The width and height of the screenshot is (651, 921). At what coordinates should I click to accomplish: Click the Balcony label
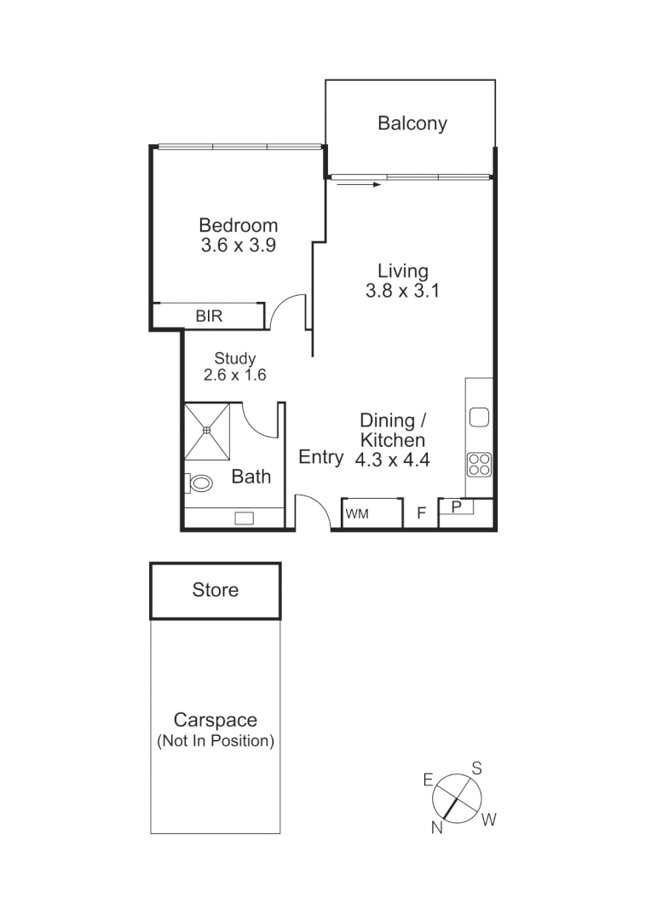point(412,124)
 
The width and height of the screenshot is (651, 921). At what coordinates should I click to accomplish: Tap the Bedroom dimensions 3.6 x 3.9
point(239,245)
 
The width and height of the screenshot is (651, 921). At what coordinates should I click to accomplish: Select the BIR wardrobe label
point(209,316)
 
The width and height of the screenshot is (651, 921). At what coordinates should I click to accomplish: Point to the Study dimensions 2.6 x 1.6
point(235,374)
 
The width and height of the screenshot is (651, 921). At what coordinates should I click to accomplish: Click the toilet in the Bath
point(201,484)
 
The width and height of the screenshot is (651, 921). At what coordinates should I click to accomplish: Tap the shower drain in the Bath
point(206,431)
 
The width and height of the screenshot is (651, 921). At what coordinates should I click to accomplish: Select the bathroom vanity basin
point(245,517)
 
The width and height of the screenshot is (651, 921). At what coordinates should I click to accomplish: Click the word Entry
point(320,457)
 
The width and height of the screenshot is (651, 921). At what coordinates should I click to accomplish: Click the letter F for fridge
point(420,514)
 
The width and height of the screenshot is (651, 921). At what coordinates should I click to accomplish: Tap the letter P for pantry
point(457,507)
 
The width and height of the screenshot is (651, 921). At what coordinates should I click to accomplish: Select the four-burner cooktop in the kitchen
point(479,465)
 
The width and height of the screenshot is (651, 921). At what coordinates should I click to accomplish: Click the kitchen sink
point(479,417)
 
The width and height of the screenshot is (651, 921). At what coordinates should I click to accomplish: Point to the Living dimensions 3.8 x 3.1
point(403,290)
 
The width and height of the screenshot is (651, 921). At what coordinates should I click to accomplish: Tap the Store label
point(216,590)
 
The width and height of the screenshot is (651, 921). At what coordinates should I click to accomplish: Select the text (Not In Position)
point(216,741)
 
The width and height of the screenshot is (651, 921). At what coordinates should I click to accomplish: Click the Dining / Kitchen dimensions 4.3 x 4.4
point(393,459)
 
